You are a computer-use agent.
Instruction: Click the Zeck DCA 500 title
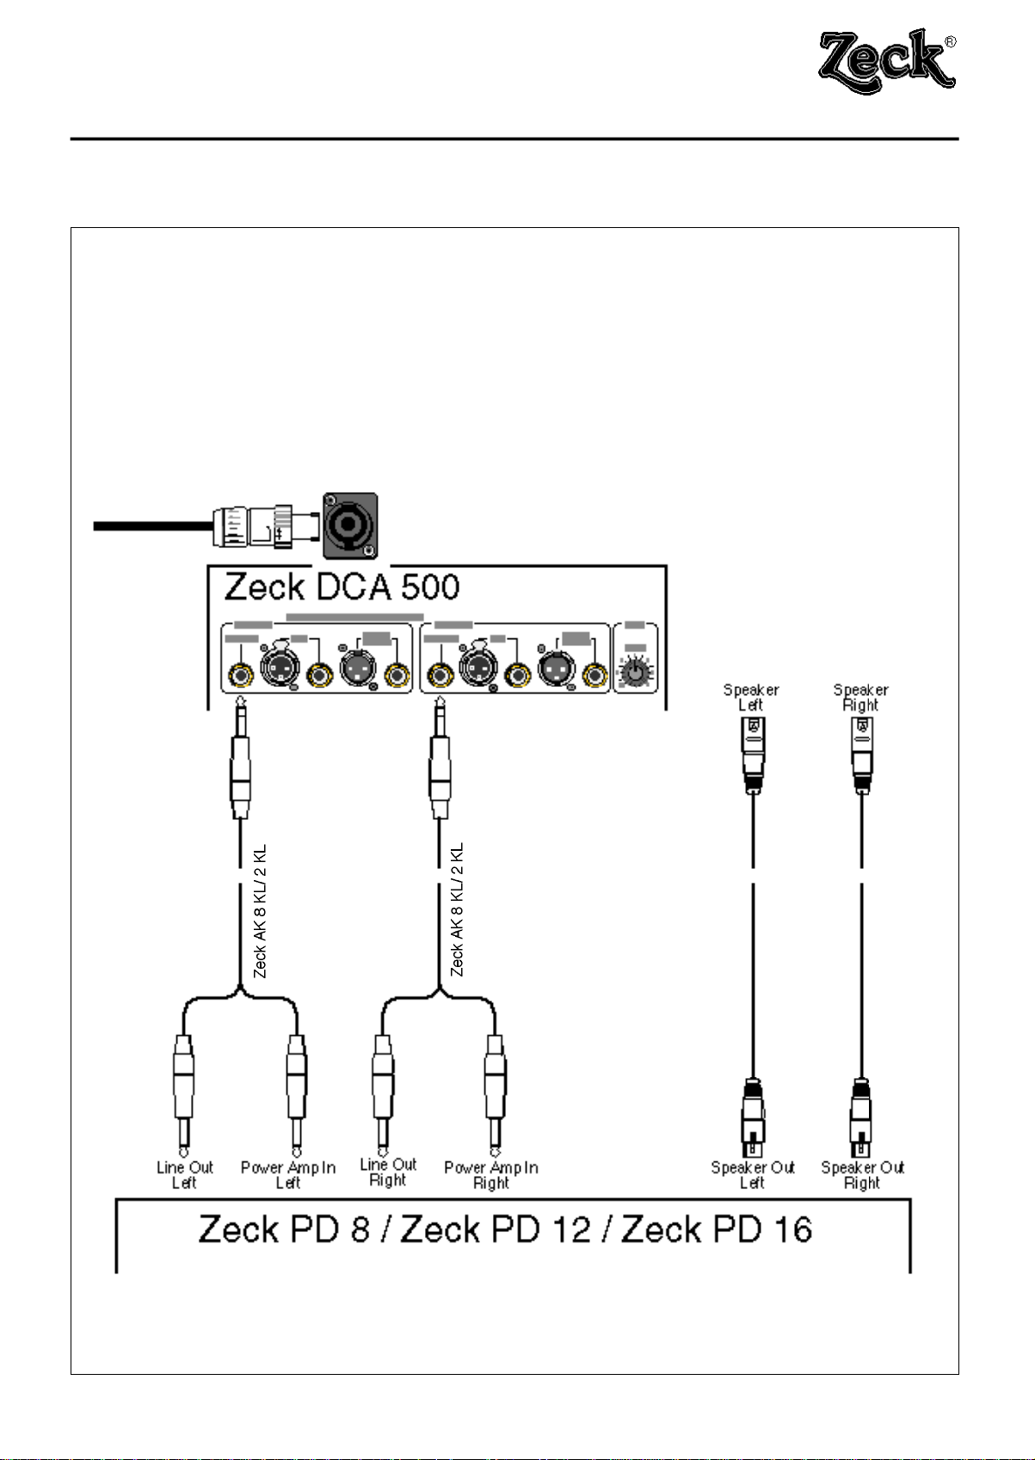point(342,587)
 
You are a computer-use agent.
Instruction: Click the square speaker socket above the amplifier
point(349,524)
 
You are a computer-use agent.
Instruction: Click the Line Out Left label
point(184,1174)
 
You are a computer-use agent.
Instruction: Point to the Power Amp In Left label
point(287,1174)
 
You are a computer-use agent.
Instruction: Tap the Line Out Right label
point(387,1172)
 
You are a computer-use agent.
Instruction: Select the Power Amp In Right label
point(490,1174)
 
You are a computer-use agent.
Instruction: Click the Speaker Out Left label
point(752,1174)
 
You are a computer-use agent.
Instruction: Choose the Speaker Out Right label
point(862,1174)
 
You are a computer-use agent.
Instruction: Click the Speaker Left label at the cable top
point(751,697)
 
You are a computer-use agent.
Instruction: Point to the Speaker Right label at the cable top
point(860,697)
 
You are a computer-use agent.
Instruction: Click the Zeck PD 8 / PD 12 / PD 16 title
point(505,1229)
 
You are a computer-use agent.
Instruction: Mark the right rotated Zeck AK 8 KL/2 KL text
point(457,910)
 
